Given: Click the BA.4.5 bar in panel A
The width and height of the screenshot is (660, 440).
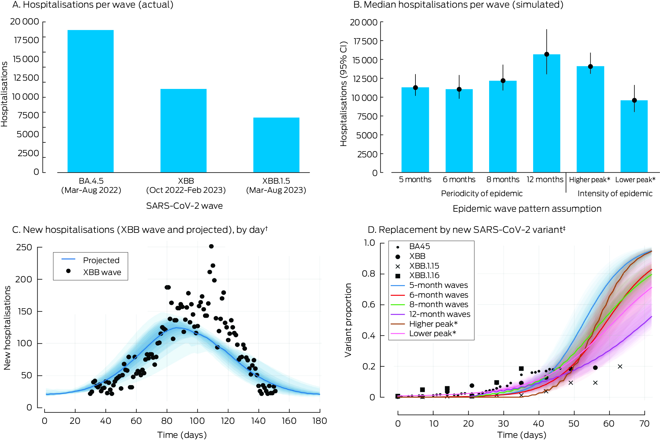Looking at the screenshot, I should [x=90, y=101].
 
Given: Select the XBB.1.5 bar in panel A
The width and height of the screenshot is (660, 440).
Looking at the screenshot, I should [x=276, y=145].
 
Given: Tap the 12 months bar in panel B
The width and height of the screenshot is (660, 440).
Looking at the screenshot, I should [x=547, y=113].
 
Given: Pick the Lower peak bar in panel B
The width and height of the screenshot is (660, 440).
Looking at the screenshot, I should [x=634, y=136].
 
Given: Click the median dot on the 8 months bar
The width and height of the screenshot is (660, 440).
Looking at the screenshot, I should [x=503, y=81].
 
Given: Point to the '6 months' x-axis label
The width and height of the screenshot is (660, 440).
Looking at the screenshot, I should [x=459, y=180].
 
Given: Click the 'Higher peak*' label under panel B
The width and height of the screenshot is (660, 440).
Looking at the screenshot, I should [x=589, y=180].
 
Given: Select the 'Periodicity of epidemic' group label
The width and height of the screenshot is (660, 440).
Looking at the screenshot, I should [x=482, y=193].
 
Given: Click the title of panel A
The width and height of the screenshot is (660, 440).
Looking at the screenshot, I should [x=93, y=5].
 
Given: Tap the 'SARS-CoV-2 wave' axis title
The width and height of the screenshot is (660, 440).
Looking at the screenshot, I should [x=184, y=206].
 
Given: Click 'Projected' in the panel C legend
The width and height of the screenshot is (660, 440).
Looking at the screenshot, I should [x=101, y=260].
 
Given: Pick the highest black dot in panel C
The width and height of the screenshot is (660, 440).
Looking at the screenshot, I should [x=211, y=246].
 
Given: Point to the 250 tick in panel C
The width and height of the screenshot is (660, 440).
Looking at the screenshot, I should [x=24, y=247].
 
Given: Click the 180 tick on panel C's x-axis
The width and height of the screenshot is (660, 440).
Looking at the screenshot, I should [x=319, y=421].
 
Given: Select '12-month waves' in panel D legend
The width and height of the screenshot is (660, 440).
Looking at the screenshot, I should [x=440, y=314].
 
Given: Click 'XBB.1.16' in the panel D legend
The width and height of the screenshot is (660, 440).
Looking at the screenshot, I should [x=424, y=276].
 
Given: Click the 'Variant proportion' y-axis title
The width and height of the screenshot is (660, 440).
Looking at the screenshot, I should [x=348, y=320].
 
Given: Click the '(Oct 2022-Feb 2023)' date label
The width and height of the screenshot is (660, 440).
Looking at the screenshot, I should [x=186, y=190].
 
